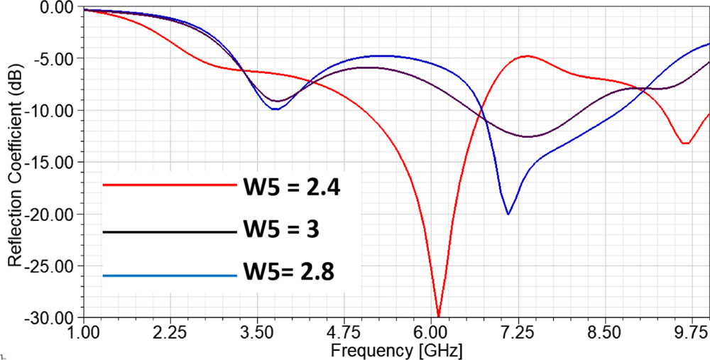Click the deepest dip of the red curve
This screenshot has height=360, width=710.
[x=439, y=315]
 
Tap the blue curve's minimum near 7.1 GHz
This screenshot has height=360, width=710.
[x=508, y=214]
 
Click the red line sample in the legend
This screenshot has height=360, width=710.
[x=169, y=185]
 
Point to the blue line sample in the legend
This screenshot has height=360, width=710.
[x=169, y=275]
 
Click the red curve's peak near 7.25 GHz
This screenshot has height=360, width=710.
[x=526, y=55]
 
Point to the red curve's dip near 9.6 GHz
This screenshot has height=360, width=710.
[x=685, y=143]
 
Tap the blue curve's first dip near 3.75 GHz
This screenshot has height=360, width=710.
[x=275, y=109]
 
